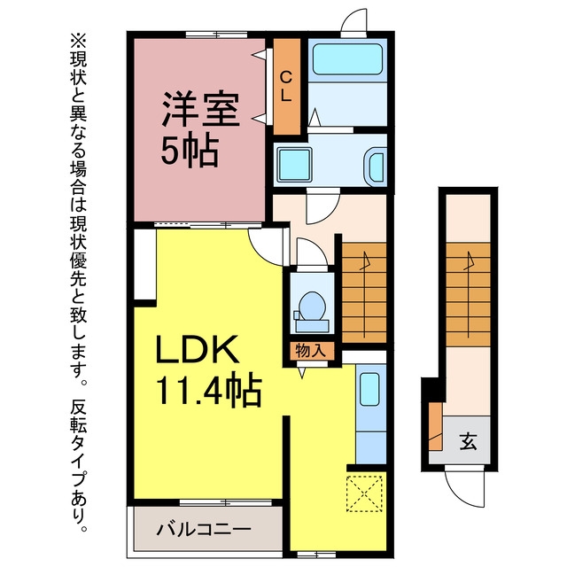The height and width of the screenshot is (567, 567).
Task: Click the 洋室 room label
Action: (x=201, y=109)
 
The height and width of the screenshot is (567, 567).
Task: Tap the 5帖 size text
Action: (x=190, y=151)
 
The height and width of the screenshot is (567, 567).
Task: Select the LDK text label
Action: (x=197, y=349)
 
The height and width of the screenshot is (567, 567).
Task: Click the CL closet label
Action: (x=287, y=86)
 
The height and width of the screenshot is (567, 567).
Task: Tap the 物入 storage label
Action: (x=311, y=351)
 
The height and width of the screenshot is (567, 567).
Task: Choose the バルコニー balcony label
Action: (x=204, y=530)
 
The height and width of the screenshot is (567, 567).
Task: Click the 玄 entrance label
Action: (x=469, y=441)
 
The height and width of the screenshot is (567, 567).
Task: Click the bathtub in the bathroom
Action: (x=347, y=59)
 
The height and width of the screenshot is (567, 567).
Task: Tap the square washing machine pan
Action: (x=294, y=165)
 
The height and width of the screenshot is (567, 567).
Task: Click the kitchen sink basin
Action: (x=369, y=389)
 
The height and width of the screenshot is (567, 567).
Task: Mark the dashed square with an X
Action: (x=364, y=493)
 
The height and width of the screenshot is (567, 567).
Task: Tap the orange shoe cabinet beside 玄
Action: (x=436, y=427)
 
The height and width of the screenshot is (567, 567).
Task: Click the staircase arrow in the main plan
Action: (x=364, y=294)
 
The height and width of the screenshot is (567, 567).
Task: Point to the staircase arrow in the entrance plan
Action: (x=469, y=294)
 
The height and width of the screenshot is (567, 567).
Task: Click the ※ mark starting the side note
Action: (x=79, y=41)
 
